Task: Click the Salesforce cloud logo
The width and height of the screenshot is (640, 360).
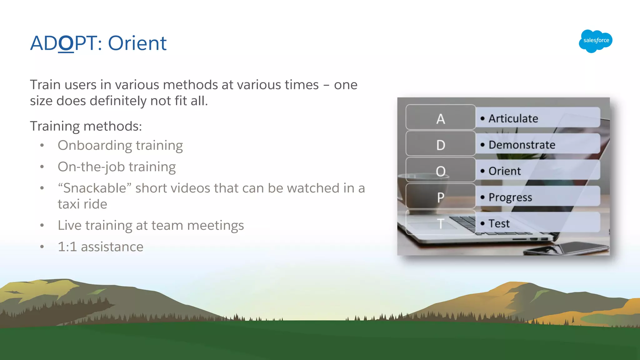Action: click(x=595, y=41)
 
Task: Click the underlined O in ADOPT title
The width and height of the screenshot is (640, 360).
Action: click(x=66, y=43)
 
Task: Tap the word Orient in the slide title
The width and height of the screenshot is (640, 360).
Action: click(x=137, y=43)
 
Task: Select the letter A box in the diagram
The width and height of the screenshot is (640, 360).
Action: click(x=440, y=118)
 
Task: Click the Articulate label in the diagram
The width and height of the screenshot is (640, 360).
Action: click(x=513, y=119)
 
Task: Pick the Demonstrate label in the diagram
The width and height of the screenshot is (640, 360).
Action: click(x=522, y=145)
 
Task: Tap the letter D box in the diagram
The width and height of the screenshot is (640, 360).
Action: click(x=440, y=144)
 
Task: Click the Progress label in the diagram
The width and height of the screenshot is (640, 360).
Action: click(x=510, y=197)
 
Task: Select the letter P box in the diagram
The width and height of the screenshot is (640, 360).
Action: click(x=440, y=197)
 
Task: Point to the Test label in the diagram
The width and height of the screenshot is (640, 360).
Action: click(x=499, y=224)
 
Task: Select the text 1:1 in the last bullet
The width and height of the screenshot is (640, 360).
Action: click(x=67, y=247)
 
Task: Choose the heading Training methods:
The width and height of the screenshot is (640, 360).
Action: click(x=86, y=127)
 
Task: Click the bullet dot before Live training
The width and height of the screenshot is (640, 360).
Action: click(x=42, y=226)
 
